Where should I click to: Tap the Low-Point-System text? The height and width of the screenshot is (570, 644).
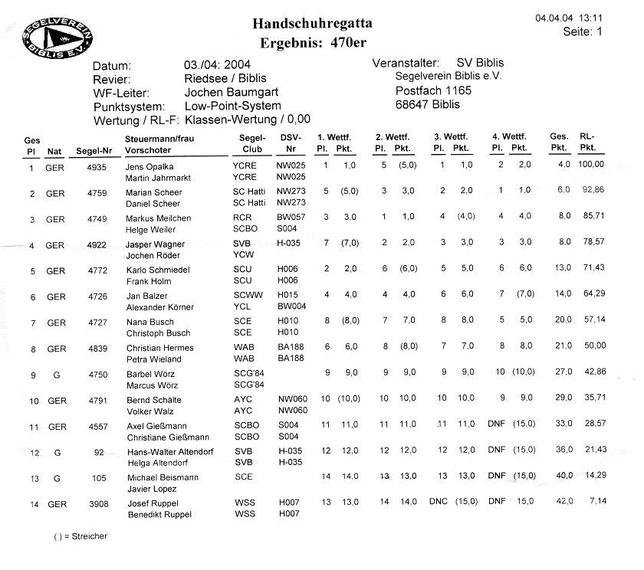(233, 106)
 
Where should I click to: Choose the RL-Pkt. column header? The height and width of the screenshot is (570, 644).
(587, 142)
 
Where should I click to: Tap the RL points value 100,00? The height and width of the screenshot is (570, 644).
(591, 165)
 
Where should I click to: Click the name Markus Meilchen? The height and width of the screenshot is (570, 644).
(159, 218)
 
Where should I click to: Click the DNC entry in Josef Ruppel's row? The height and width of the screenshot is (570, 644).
(438, 503)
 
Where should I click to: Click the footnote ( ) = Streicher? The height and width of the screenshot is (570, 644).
(80, 536)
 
